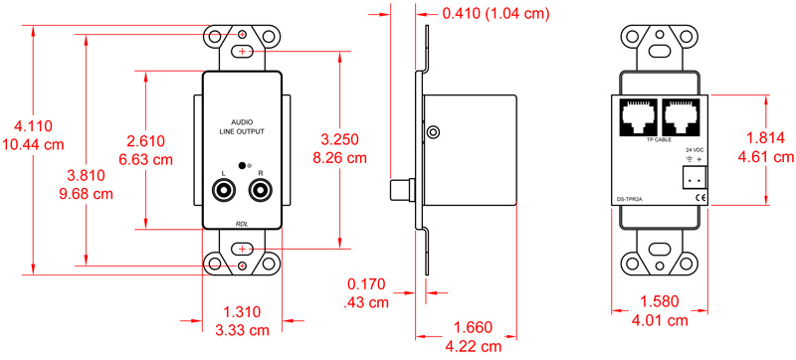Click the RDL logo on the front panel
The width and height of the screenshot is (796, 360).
point(242,223)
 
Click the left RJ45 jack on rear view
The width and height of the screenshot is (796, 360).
point(636,118)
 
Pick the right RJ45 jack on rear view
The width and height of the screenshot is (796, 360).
point(682,118)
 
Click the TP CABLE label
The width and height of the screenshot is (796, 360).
point(659,141)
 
